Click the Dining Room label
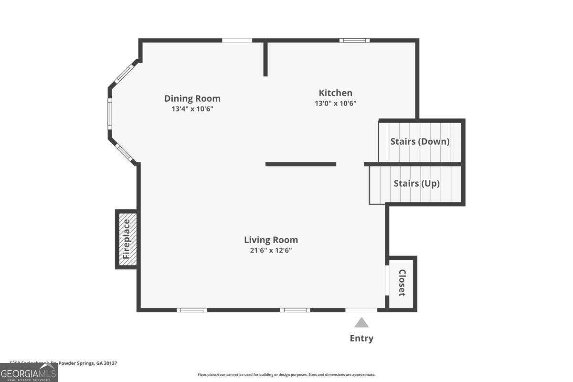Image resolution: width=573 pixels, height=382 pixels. click(192, 98)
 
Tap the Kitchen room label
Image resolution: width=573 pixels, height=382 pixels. click(335, 93)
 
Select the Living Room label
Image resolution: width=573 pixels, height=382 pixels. click(271, 240)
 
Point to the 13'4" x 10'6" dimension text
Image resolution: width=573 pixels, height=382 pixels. click(192, 109)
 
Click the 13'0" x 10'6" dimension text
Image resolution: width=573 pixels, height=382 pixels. click(335, 103)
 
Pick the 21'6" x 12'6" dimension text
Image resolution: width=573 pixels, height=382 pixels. click(271, 250)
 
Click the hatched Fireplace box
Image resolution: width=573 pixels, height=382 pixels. click(127, 239)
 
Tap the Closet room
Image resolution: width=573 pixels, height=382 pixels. click(402, 283)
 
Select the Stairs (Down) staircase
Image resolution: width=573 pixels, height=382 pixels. click(420, 141)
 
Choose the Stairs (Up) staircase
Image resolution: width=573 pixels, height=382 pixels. click(416, 184)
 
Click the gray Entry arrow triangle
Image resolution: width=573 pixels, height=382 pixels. click(361, 323)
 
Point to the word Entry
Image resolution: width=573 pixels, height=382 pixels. click(361, 339)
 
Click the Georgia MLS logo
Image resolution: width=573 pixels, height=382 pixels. click(29, 372)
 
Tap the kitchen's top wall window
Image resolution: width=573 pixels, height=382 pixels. click(354, 40)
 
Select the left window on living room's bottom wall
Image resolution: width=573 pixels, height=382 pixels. click(192, 310)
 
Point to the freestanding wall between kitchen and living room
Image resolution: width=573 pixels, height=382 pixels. click(301, 164)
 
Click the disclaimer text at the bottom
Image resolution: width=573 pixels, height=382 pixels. click(286, 375)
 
